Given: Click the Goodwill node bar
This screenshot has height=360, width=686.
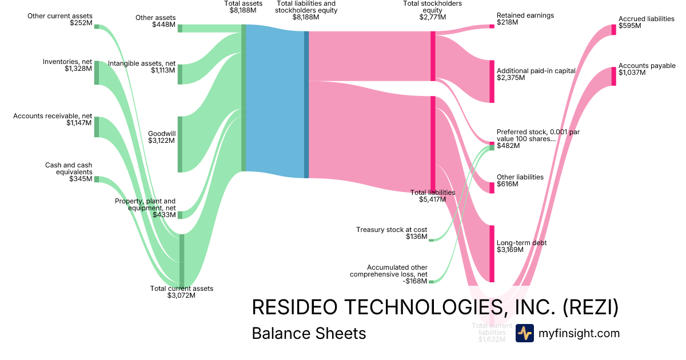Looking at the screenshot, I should pos(180,144).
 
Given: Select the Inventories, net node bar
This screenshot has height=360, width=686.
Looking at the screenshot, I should pos(97,73).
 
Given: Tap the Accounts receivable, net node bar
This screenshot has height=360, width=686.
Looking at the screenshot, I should pos(97,127).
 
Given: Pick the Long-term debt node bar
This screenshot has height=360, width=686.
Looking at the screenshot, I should pos(491,254).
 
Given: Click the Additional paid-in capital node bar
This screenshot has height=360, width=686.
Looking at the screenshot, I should pos(491,81).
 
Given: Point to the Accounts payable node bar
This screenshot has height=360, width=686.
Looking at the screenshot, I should pos(614,77).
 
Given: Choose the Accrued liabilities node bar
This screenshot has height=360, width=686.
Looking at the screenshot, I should pos(614,29).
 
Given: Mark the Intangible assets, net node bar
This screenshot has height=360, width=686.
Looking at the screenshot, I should pos(180,74).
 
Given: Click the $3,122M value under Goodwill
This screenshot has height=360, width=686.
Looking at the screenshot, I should pos(162,141).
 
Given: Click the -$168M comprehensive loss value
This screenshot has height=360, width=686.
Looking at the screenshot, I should pos(414,281).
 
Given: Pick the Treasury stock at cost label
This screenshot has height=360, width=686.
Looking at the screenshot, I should pos(392,230).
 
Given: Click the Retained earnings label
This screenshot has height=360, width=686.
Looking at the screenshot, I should pos(525,15).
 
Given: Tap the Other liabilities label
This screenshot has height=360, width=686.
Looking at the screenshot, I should pos(520,177).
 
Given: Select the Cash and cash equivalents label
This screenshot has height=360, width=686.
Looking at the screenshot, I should pos(69,169).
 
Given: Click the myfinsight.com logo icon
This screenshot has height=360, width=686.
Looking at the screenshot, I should pos(525,333).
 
